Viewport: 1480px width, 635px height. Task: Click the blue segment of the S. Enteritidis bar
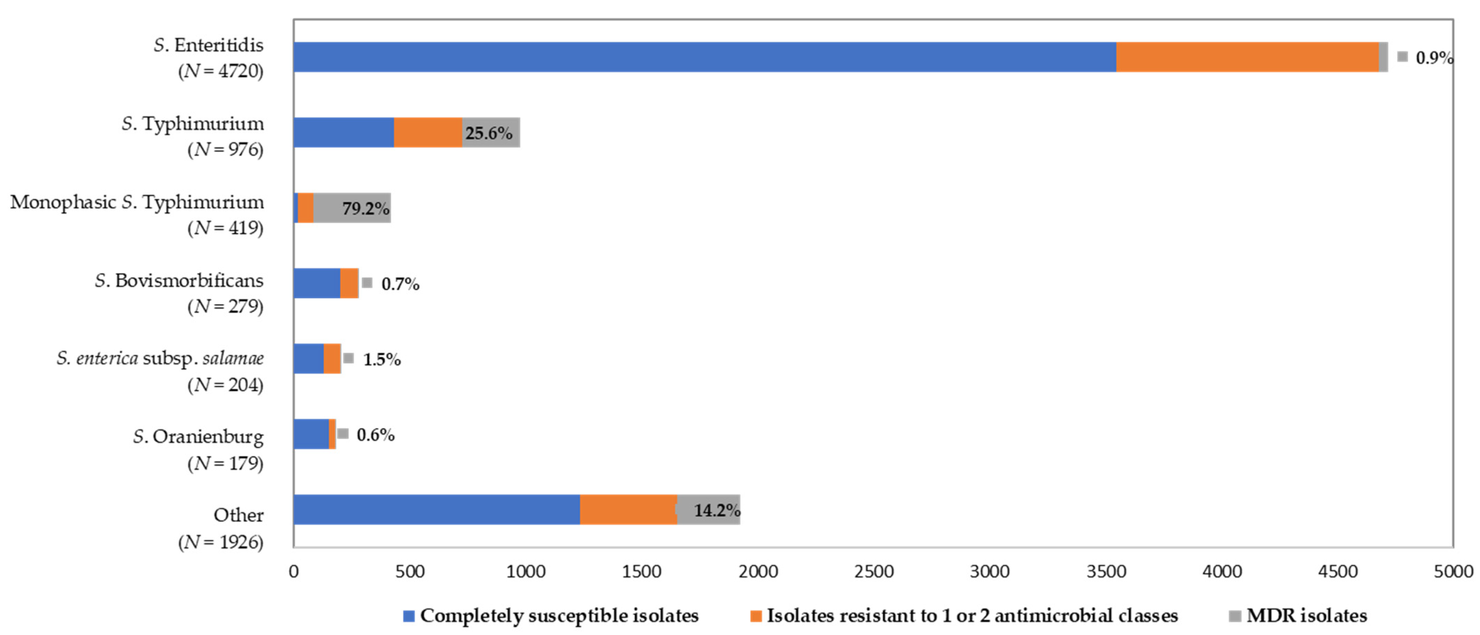tap(704, 57)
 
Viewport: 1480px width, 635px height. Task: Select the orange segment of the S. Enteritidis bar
tap(1247, 57)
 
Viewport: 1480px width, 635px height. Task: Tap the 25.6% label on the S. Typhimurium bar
tap(488, 133)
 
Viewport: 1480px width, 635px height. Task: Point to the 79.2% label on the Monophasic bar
tap(365, 208)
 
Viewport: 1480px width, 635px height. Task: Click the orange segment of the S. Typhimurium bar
tap(428, 133)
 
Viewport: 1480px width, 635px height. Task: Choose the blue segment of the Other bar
tap(437, 510)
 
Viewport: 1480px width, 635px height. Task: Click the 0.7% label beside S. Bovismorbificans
tap(400, 284)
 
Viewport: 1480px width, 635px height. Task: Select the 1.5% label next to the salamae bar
tap(381, 360)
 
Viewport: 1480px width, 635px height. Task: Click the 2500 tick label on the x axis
tap(873, 572)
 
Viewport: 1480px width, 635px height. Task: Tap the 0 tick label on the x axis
tap(293, 572)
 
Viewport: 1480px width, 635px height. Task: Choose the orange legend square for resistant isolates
tap(756, 616)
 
